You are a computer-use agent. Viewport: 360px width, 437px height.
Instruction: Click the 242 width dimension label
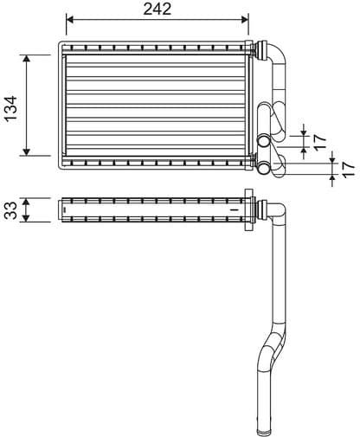point(157,10)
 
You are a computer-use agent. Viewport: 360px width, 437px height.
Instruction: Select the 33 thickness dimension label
point(10,209)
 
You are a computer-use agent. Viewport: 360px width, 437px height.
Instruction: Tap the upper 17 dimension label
point(319,138)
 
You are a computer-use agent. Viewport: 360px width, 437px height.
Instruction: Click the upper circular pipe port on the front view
point(262,140)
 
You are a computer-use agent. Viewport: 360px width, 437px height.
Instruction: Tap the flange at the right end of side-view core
point(249,209)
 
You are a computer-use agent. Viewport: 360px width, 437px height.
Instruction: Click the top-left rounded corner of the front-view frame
point(61,44)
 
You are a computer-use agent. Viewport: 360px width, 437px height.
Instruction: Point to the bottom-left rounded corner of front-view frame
point(61,165)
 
